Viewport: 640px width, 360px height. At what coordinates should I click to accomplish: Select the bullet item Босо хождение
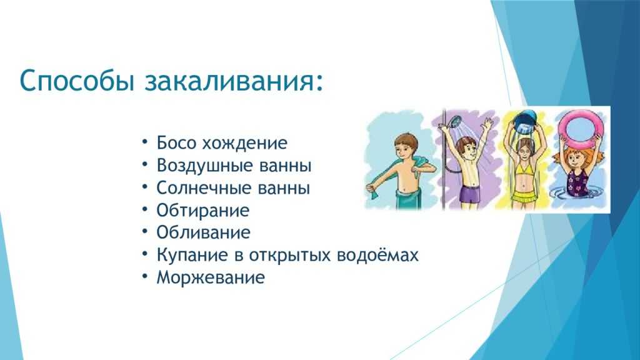[x=222, y=143]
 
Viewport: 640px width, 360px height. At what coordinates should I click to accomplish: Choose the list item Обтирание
[x=203, y=211]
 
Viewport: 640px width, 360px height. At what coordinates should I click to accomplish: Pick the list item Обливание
[x=203, y=232]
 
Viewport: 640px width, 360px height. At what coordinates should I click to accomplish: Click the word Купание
[x=192, y=255]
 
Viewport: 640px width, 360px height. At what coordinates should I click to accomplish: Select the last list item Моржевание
[x=211, y=277]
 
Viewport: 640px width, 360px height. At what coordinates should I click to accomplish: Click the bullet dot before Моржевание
[x=145, y=276]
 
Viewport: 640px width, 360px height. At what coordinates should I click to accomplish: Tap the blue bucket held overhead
[x=526, y=122]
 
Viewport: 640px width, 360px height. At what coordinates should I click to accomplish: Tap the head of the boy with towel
[x=406, y=147]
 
